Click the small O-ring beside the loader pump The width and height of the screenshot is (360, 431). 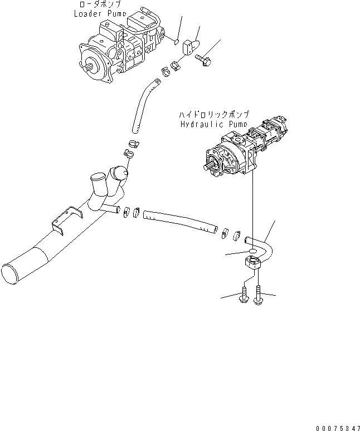coord(176,41)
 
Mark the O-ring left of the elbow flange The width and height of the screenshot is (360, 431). coord(252,252)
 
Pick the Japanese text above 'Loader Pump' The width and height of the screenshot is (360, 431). coord(96,4)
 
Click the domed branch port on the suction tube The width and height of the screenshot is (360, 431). coord(120,174)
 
